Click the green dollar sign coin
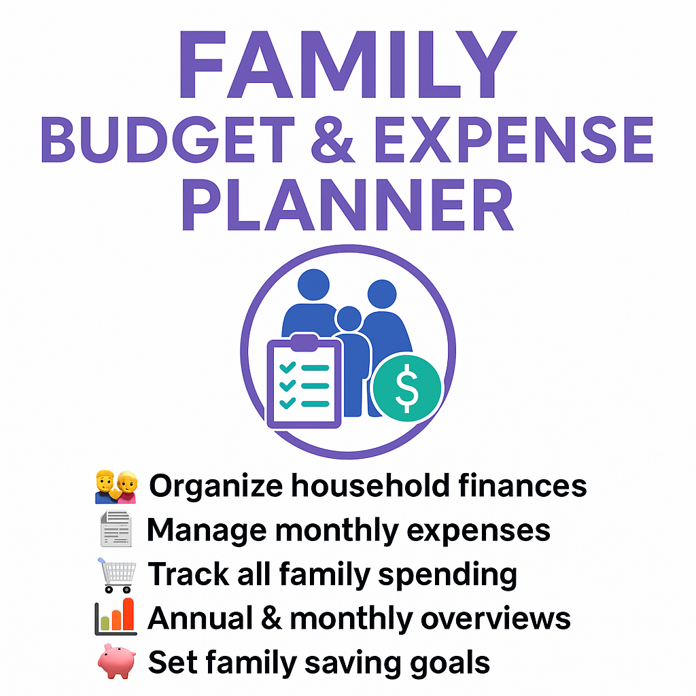pyautogui.click(x=406, y=388)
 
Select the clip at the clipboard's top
pyautogui.click(x=303, y=341)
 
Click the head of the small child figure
pyautogui.click(x=348, y=319)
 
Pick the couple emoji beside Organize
pyautogui.click(x=116, y=487)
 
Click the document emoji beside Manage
pyautogui.click(x=116, y=530)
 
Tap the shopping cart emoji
pyautogui.click(x=116, y=574)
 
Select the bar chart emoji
pyautogui.click(x=116, y=617)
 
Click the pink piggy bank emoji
pyautogui.click(x=116, y=662)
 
